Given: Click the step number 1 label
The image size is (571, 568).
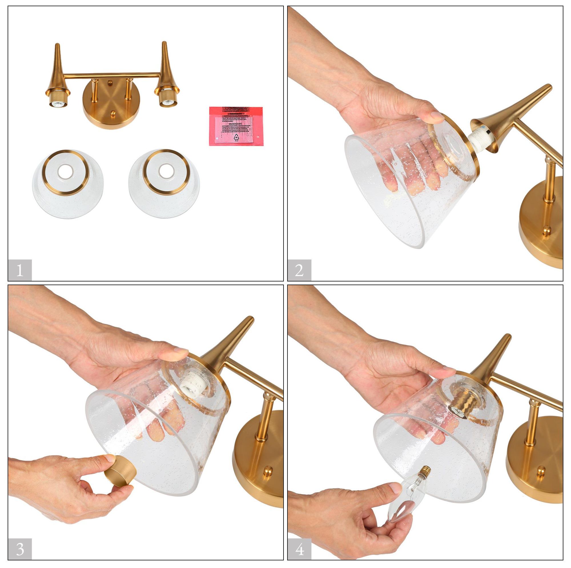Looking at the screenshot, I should point(19,270).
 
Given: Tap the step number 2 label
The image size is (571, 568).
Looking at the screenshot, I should point(299,270).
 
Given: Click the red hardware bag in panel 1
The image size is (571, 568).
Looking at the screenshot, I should point(236,126).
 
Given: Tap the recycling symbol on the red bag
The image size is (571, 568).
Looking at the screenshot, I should point(236,136).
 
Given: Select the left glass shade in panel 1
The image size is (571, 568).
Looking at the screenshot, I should point(68,180).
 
